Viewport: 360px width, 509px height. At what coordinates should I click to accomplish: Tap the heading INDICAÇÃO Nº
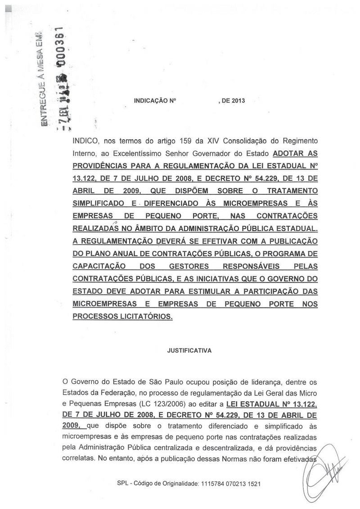(154, 101)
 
